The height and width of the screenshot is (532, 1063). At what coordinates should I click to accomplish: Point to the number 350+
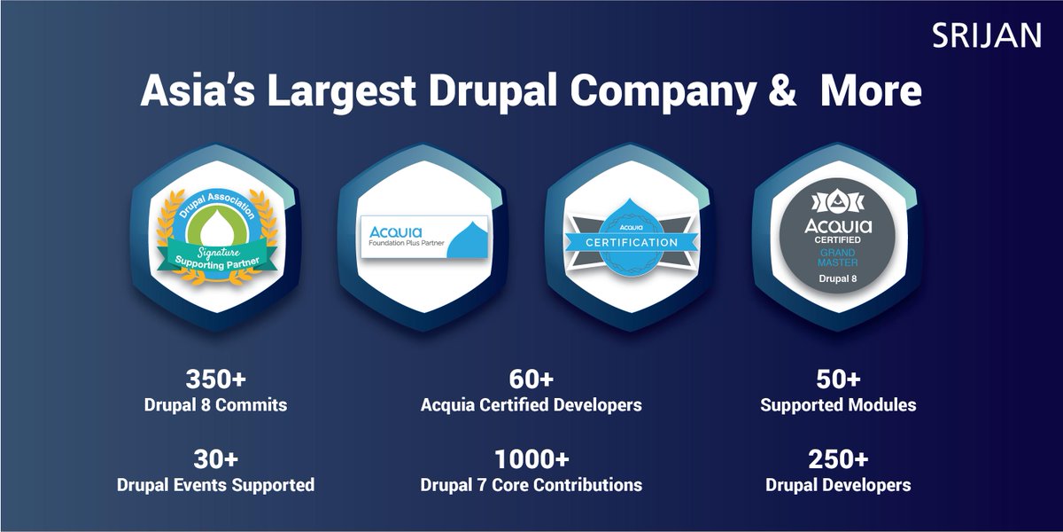(x=215, y=379)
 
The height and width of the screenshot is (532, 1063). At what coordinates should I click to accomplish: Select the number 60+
(x=531, y=379)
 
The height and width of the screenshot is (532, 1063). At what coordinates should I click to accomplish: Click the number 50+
(x=837, y=379)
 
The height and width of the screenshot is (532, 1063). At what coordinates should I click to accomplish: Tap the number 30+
(x=215, y=460)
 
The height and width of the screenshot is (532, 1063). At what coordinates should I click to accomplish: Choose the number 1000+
(x=531, y=460)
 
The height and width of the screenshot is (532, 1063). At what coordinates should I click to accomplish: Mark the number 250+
(x=837, y=460)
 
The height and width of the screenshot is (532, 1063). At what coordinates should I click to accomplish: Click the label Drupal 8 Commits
(x=215, y=406)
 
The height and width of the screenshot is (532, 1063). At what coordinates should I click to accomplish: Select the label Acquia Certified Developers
(x=531, y=406)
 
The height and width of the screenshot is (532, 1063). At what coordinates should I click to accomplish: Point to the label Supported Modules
(x=837, y=406)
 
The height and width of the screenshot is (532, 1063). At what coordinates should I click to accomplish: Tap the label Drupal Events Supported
(x=215, y=486)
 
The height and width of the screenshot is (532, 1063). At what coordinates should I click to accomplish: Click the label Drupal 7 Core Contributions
(x=531, y=486)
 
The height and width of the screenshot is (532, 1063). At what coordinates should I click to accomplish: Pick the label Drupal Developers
(x=837, y=486)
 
